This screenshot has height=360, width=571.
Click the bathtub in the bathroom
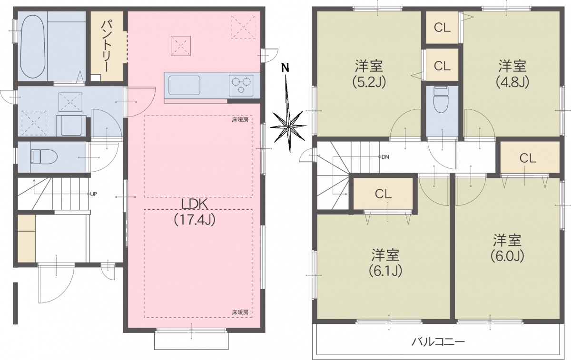pos(33,47)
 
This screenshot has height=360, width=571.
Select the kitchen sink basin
pos(182,85)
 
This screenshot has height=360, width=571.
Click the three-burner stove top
pos(241,85)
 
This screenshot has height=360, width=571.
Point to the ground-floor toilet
pos(44,156)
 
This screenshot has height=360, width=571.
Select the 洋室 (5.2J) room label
pos(369,74)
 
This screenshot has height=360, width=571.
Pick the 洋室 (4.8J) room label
pos(512,74)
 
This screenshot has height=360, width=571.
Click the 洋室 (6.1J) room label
pos(385,263)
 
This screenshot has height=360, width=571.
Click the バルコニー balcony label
pos(438,341)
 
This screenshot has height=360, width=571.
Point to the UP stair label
pos(94,194)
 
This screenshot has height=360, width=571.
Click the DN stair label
pos(385,157)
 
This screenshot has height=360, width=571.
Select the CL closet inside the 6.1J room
pos(383,194)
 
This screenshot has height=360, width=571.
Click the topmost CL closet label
pos(442,28)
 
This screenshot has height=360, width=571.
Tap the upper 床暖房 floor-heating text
pos(240,119)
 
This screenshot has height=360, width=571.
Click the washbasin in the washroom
pos(71,126)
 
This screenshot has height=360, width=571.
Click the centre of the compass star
pos(288,126)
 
